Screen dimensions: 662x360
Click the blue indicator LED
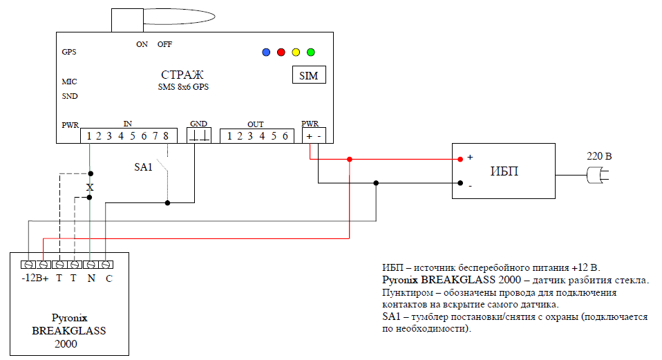point(266,53)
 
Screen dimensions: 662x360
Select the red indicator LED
point(281,53)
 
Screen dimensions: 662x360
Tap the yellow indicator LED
point(296,53)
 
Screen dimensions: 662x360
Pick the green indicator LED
point(311,53)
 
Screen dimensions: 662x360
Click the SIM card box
point(309,75)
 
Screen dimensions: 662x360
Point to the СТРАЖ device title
point(182,75)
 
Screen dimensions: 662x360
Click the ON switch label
point(142,44)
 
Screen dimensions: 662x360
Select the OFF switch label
point(164,44)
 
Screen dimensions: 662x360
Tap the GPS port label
point(69,52)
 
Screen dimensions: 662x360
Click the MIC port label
point(69,82)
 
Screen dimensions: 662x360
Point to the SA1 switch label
point(143,167)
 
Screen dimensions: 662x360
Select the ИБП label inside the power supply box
point(504,171)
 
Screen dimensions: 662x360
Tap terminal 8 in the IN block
point(166,136)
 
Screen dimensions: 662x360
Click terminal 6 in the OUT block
point(285,136)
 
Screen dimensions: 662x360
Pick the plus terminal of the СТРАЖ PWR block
point(309,136)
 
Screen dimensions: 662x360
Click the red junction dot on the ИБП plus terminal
point(460,159)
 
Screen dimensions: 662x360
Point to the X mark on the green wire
point(90,187)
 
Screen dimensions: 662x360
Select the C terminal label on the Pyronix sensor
point(109,278)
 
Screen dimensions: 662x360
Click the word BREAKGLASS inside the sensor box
point(69,330)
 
